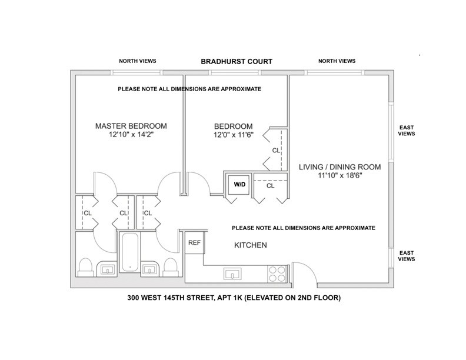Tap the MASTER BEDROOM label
pyautogui.click(x=131, y=126)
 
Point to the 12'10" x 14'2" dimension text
pyautogui.click(x=131, y=135)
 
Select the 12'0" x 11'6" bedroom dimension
pyautogui.click(x=233, y=135)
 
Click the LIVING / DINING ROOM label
pyautogui.click(x=339, y=166)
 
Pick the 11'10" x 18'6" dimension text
pyautogui.click(x=339, y=175)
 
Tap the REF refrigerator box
pyautogui.click(x=194, y=242)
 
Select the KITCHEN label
pyautogui.click(x=251, y=245)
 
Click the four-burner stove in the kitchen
pyautogui.click(x=277, y=274)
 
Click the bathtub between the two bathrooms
pyautogui.click(x=129, y=253)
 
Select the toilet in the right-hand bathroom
pyautogui.click(x=171, y=267)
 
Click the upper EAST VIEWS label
pyautogui.click(x=407, y=130)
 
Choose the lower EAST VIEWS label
pyautogui.click(x=407, y=255)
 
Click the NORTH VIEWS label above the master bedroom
pyautogui.click(x=137, y=61)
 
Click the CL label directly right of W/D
pyautogui.click(x=271, y=186)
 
